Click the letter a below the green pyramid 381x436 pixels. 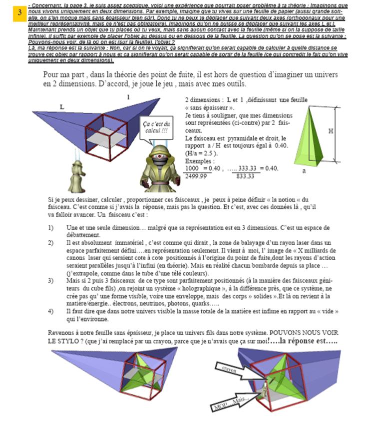click(304, 170)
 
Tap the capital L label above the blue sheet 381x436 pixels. click(62, 107)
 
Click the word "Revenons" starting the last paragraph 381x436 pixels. click(61, 332)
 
